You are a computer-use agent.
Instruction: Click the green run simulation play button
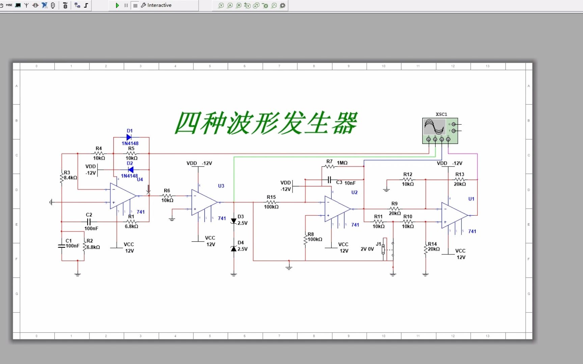(117, 5)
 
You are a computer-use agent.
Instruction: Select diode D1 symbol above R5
(129, 137)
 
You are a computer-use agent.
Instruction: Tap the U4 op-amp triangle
(122, 196)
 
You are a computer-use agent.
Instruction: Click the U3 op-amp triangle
(204, 202)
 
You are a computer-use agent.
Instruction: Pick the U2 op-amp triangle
(337, 209)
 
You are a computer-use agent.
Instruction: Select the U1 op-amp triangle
(454, 215)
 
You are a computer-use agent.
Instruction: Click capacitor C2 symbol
(89, 222)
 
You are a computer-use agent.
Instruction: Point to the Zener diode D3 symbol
(233, 221)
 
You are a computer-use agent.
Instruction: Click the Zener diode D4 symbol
(233, 249)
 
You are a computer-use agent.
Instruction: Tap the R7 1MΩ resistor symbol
(330, 166)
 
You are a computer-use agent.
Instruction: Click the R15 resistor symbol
(271, 202)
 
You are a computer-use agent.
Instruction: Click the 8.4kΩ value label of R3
(71, 178)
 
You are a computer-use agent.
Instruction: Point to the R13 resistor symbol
(460, 180)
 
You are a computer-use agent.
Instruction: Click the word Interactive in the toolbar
(159, 5)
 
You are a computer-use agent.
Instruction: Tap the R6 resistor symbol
(167, 196)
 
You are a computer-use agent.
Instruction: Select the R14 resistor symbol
(425, 249)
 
